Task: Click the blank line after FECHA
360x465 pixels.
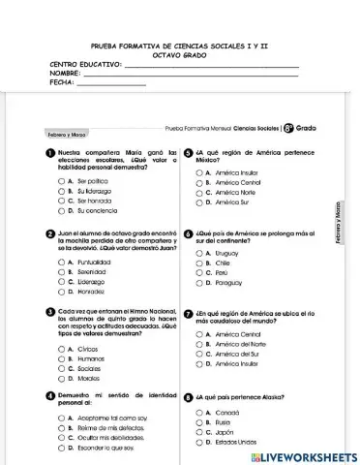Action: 110,84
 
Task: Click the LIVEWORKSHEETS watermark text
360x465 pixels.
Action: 303,455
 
